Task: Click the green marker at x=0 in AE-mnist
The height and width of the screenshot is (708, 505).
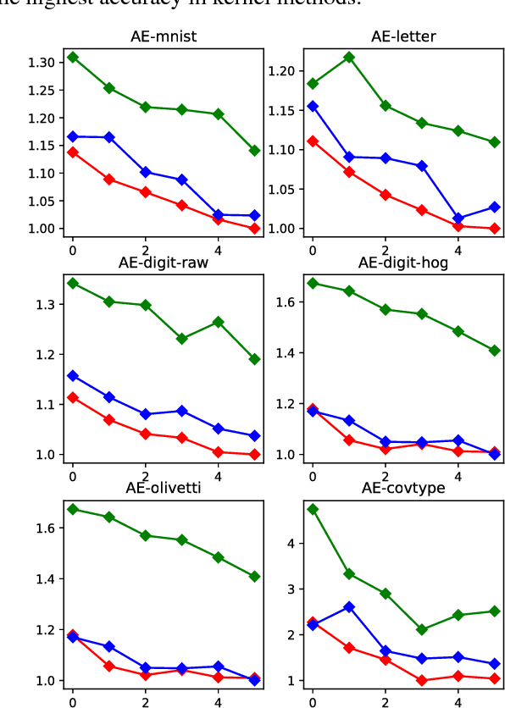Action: pos(73,57)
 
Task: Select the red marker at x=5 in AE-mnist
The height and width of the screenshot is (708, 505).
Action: pos(255,229)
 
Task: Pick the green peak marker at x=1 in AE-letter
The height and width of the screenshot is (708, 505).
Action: pos(349,57)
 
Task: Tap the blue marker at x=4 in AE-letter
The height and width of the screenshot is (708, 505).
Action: pos(458,218)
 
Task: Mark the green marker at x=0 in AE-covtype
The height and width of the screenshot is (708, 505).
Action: pos(313,510)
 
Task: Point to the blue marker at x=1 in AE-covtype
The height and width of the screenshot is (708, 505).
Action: pos(349,607)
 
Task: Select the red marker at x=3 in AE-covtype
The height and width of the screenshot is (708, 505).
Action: pos(422,680)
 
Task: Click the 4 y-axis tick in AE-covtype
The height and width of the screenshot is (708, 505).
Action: pos(294,543)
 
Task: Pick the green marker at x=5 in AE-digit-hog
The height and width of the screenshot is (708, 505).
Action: pos(495,350)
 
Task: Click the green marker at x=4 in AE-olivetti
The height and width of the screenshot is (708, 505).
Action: pos(219,557)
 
